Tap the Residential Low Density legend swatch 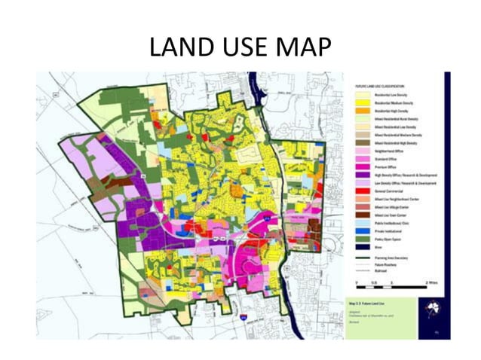(360, 94)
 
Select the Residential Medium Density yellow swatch (360, 102)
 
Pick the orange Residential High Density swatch (360, 111)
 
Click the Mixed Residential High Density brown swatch (360, 143)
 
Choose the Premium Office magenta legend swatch (360, 167)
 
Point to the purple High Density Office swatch (360, 175)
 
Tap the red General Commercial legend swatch (360, 191)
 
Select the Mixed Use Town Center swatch (360, 215)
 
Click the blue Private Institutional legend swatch (360, 231)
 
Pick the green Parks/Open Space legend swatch (360, 239)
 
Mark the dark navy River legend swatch (360, 248)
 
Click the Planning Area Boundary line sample (360, 258)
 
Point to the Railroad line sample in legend (360, 270)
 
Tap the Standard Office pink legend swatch (360, 159)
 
